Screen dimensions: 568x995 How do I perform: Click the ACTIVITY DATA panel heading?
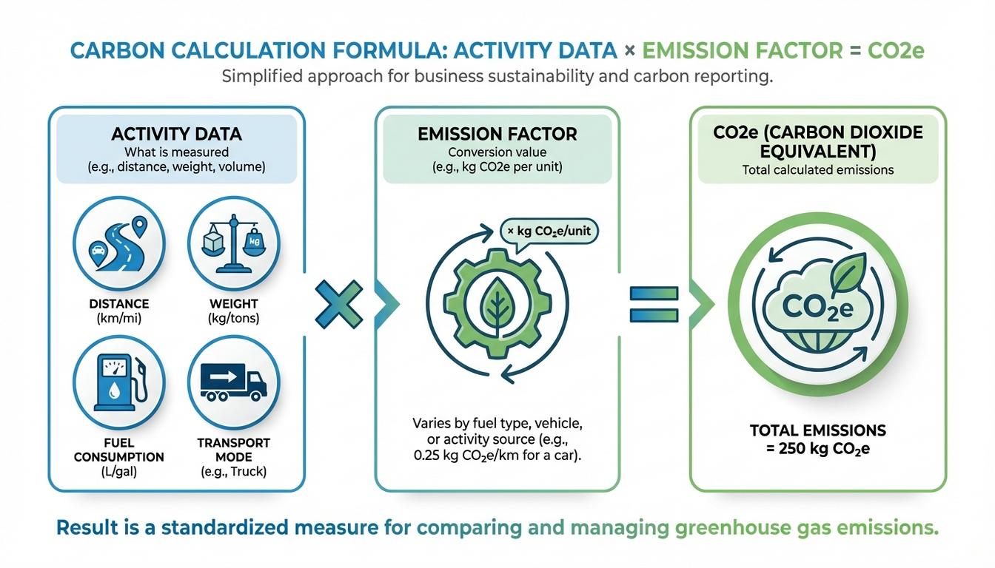tap(176, 134)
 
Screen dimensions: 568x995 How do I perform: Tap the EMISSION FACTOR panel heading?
tap(497, 134)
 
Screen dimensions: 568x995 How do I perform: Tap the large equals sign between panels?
tap(654, 304)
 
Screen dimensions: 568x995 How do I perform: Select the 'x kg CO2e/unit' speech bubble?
tap(549, 231)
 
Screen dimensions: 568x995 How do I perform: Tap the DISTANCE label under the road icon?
tap(118, 304)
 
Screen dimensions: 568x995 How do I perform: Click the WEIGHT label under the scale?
tap(234, 304)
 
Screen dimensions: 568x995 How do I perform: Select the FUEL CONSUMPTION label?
tap(118, 450)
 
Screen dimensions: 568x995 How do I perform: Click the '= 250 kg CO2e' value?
tap(817, 448)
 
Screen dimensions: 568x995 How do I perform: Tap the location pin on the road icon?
tap(138, 225)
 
